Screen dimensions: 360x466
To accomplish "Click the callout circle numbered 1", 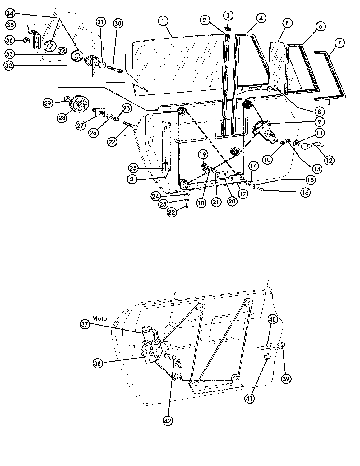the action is [x=163, y=21].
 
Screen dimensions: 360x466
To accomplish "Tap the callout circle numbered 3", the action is [x=228, y=16].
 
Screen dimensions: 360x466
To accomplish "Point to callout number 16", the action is [x=305, y=193].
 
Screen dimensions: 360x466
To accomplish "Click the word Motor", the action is [x=101, y=318].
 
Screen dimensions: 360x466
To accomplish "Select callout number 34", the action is [x=10, y=13].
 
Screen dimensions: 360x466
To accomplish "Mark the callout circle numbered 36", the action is [x=10, y=40].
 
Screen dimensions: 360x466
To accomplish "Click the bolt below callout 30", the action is [x=114, y=69].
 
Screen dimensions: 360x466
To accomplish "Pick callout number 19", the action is [x=203, y=154].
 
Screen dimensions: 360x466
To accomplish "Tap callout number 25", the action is [x=133, y=168].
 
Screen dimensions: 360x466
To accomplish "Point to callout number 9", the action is [x=319, y=122].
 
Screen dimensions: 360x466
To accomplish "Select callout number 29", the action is [x=48, y=103].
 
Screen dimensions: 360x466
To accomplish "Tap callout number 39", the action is [x=286, y=379].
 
